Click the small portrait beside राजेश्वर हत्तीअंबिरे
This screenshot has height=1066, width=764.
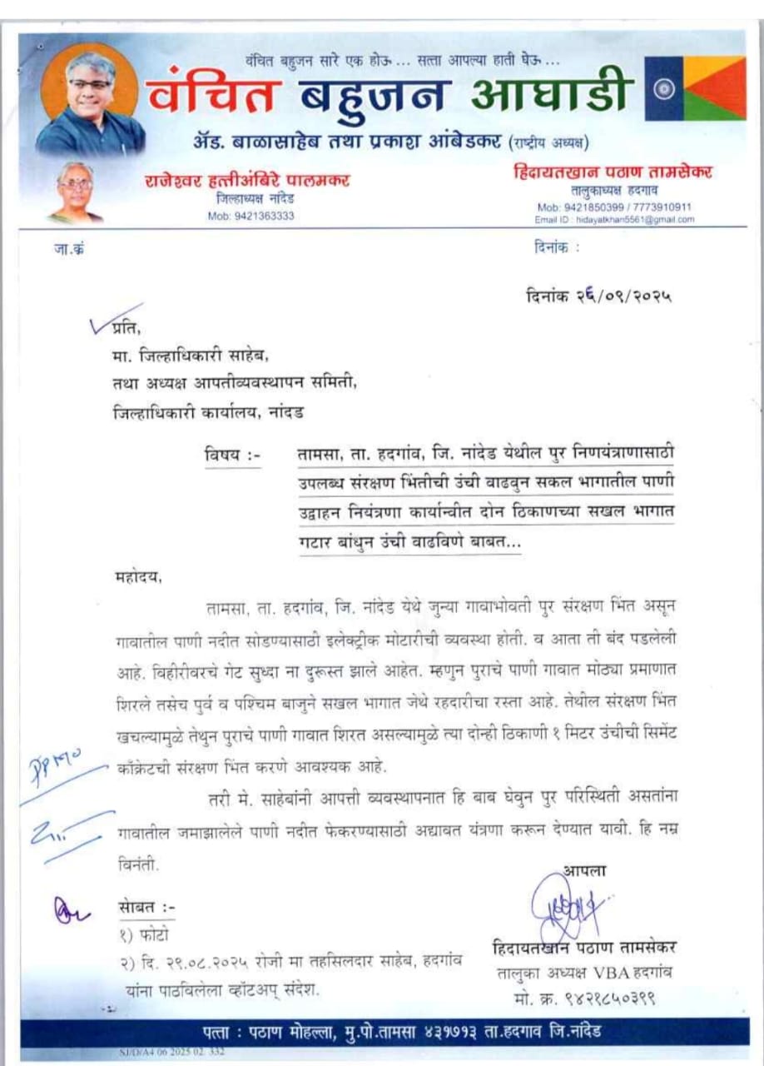pyautogui.click(x=76, y=192)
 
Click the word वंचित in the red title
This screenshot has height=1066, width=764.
pyautogui.click(x=211, y=94)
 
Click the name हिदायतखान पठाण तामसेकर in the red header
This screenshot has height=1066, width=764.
pyautogui.click(x=612, y=173)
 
